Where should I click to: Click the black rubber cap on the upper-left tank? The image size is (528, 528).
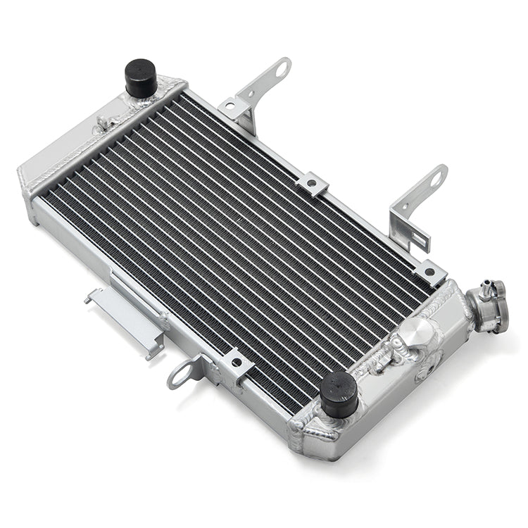[x=141, y=77]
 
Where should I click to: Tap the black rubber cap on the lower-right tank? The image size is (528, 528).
[x=338, y=393]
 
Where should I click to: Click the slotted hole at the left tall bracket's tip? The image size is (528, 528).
[x=282, y=69]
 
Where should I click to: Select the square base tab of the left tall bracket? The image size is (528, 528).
[x=234, y=109]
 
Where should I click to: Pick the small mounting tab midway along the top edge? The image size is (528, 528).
[x=312, y=184]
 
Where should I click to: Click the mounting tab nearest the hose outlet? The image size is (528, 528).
[x=430, y=272]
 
